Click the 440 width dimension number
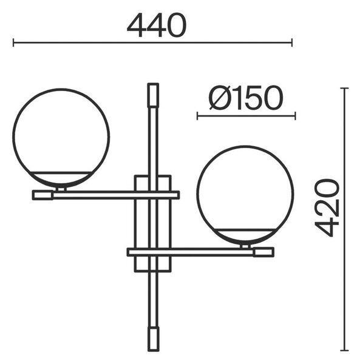click(x=157, y=25)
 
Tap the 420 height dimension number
click(x=327, y=207)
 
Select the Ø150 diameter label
click(x=246, y=98)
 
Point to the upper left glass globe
click(x=61, y=138)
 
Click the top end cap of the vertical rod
click(x=154, y=95)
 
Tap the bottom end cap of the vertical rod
click(x=154, y=339)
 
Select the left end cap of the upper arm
click(x=42, y=195)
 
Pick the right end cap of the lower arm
click(x=263, y=252)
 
